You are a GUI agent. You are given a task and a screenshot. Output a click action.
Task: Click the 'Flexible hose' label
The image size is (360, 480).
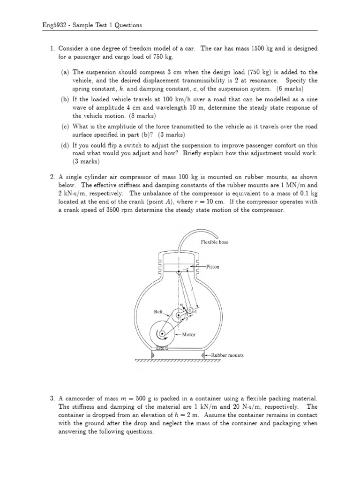(214, 242)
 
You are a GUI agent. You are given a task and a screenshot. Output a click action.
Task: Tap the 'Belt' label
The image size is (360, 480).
(158, 311)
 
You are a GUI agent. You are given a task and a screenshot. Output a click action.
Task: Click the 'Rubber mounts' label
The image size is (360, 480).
(227, 355)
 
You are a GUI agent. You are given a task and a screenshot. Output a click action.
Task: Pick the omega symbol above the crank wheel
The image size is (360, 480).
(181, 304)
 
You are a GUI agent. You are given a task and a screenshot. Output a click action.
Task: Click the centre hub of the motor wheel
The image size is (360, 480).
(162, 334)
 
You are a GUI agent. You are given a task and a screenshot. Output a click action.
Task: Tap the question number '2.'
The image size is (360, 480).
(53, 177)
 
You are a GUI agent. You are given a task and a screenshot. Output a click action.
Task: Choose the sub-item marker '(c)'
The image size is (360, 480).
(65, 127)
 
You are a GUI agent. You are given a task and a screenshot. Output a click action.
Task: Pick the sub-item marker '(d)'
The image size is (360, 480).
(65, 145)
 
